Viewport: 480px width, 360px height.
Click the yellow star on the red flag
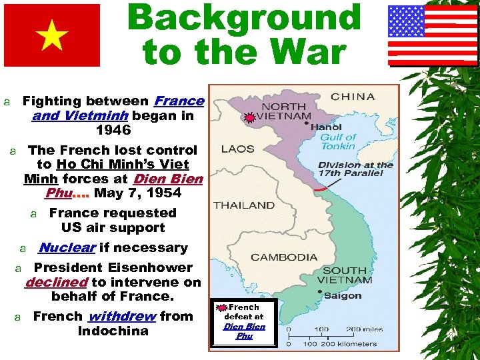(x=52, y=36)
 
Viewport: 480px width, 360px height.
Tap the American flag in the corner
(x=432, y=35)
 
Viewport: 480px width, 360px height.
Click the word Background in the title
(x=244, y=17)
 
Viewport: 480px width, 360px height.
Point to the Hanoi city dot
(x=307, y=123)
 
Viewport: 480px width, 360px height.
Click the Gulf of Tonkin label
(x=338, y=141)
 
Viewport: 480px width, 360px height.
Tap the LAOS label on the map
(x=238, y=149)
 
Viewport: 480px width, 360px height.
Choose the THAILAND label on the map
(x=244, y=205)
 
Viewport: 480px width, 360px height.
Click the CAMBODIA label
(x=284, y=257)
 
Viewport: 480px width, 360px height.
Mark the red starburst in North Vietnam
(x=249, y=118)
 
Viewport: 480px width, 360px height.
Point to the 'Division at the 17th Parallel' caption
(x=355, y=169)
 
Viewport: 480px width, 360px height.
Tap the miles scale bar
(x=331, y=335)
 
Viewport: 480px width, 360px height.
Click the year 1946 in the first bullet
(x=113, y=130)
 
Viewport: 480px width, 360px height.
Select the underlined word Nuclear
(x=67, y=247)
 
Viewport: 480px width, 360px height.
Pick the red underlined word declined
(x=56, y=282)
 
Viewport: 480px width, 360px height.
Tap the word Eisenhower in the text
(x=151, y=267)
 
